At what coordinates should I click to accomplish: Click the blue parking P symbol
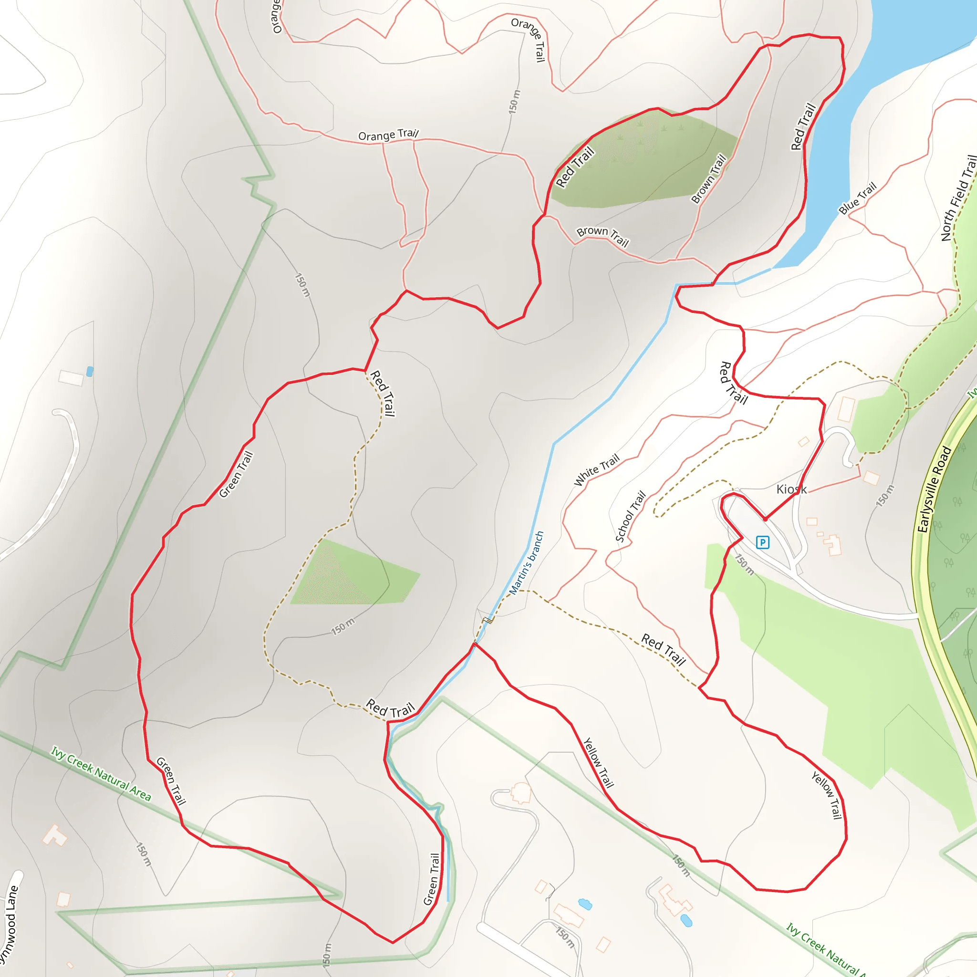click(x=763, y=542)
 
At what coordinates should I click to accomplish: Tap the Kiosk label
click(x=791, y=489)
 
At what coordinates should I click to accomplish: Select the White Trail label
click(x=597, y=470)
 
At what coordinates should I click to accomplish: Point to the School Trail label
click(x=631, y=516)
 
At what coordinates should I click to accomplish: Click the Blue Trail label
click(x=857, y=198)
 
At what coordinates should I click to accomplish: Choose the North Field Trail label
click(x=958, y=197)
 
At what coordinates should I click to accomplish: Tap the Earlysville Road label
click(x=934, y=489)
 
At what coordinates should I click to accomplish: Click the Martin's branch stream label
click(x=527, y=563)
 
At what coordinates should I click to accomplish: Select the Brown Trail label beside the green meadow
click(x=708, y=179)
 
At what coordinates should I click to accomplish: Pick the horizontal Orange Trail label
click(x=388, y=135)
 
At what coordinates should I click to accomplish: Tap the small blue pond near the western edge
click(x=90, y=372)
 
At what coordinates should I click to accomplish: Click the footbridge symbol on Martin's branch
click(x=488, y=620)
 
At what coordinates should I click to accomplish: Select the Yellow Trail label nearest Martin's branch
click(x=598, y=763)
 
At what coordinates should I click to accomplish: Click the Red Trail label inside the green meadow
click(x=574, y=167)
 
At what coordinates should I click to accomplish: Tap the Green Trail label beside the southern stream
click(x=432, y=879)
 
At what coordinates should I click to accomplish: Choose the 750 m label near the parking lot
click(x=744, y=565)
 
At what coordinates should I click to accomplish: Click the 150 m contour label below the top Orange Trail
click(x=514, y=102)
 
